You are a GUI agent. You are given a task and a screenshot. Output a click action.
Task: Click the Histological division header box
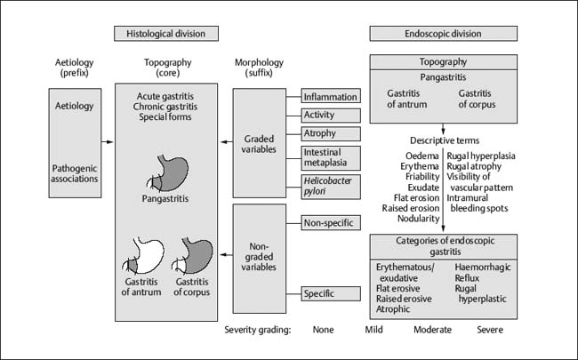[x=166, y=34]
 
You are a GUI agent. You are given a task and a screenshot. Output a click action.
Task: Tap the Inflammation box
[x=330, y=96]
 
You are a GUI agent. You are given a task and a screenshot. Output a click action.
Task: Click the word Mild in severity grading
[x=375, y=329]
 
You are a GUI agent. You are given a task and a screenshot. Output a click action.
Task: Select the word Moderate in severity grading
[x=433, y=329]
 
